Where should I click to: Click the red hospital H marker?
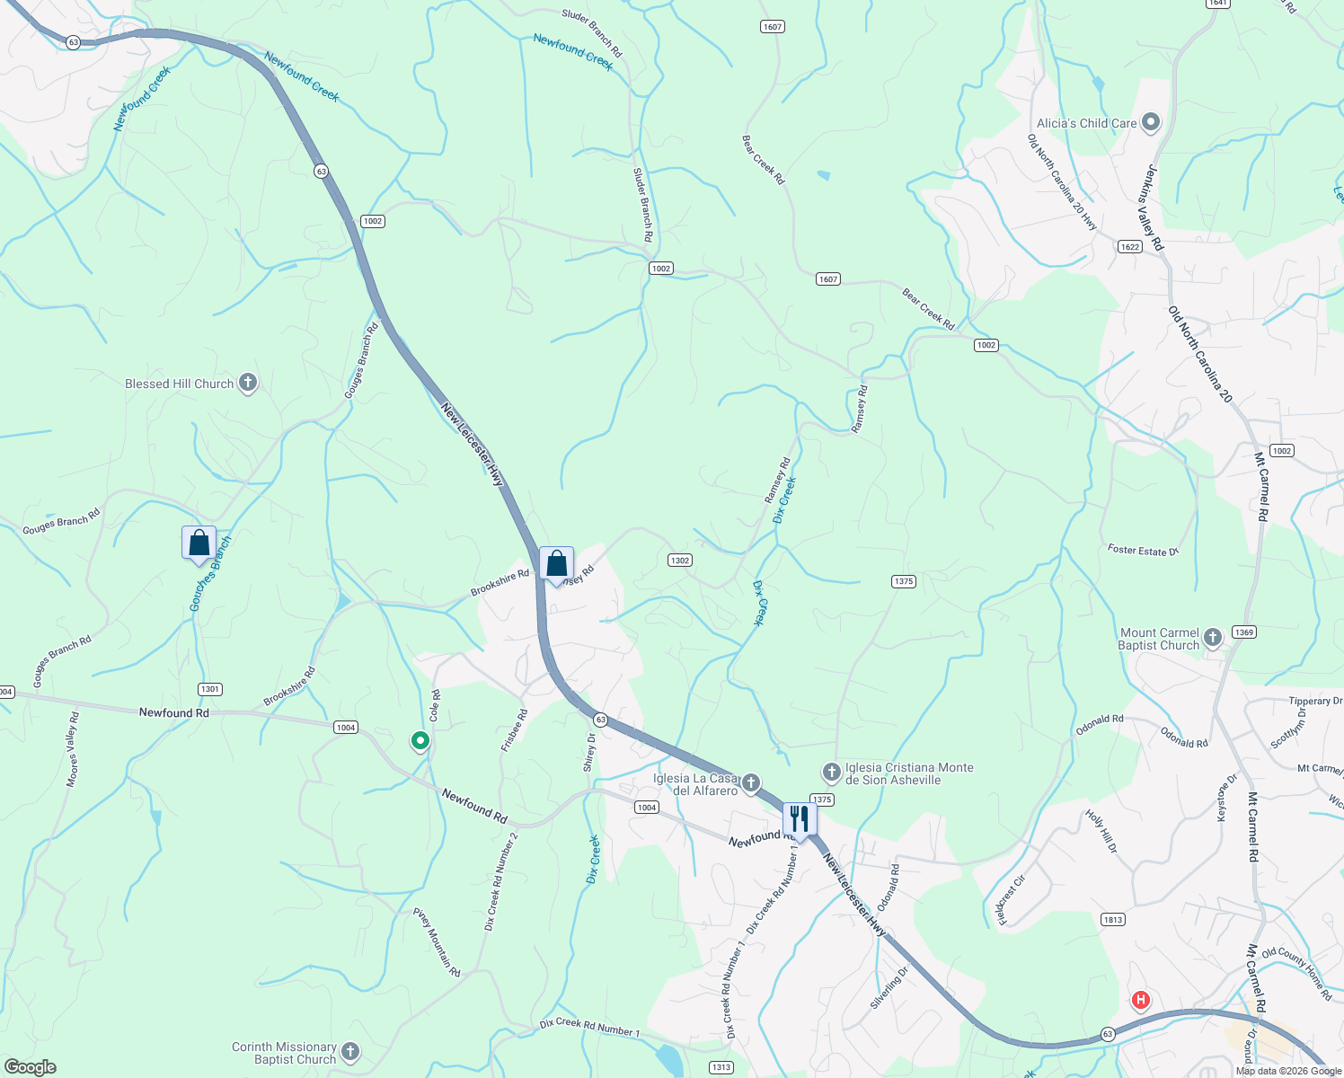click(1141, 999)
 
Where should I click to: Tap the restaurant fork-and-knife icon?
click(799, 818)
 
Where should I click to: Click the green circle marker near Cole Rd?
click(420, 741)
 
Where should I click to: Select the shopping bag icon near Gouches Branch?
click(199, 543)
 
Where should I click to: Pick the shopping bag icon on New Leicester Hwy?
click(556, 563)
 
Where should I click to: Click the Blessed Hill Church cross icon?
click(248, 384)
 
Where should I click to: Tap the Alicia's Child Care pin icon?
click(1151, 123)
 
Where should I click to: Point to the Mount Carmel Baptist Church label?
click(1159, 639)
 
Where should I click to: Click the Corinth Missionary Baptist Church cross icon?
click(350, 1051)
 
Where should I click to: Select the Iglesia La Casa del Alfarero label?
click(694, 784)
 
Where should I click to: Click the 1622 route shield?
click(1129, 246)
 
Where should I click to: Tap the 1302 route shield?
click(679, 560)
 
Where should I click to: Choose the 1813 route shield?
click(1112, 919)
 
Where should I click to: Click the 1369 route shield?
click(1243, 632)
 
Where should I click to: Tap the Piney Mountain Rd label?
click(437, 942)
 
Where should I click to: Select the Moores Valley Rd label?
click(73, 749)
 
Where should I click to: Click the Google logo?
click(30, 1067)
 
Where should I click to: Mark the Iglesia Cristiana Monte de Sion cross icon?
click(832, 772)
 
